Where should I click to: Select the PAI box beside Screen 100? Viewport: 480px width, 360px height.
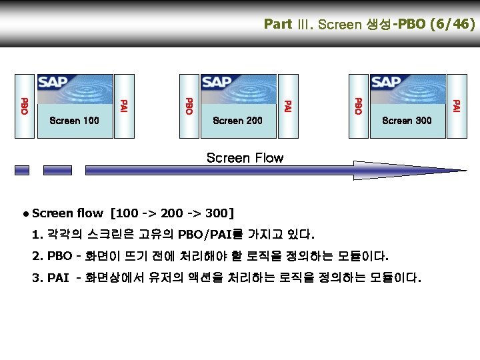[123, 105]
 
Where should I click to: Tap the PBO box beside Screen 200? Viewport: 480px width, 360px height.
[189, 105]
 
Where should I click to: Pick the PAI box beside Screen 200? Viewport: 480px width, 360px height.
[288, 105]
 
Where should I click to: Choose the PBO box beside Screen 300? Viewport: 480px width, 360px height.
[357, 105]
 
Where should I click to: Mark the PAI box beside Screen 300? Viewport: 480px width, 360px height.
[456, 105]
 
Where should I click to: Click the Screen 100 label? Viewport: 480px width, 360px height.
[74, 121]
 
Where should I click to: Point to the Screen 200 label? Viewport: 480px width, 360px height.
[237, 121]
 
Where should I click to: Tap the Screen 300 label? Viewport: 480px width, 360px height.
[407, 121]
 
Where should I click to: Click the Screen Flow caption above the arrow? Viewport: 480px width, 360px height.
[245, 158]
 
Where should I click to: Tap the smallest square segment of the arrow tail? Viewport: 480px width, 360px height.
[22, 170]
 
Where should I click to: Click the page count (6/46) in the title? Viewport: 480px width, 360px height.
[453, 25]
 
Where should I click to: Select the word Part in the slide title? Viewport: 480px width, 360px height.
[278, 25]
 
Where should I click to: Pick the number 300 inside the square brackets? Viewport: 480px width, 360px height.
[214, 213]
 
